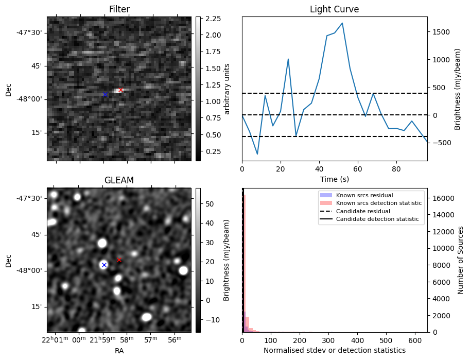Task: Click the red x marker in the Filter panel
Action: (120, 90)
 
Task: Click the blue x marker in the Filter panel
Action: (105, 95)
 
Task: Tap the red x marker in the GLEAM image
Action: (119, 260)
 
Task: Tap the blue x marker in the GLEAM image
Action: (104, 265)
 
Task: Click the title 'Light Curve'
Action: (334, 10)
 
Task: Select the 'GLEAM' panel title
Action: (119, 180)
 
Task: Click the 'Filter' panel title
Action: (119, 10)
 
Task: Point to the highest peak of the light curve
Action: (342, 23)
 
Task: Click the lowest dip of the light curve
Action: (257, 154)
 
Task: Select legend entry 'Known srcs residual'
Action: (364, 195)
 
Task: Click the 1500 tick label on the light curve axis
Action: (442, 32)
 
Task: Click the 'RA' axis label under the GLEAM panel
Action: (119, 350)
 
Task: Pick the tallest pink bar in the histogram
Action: (244, 263)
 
